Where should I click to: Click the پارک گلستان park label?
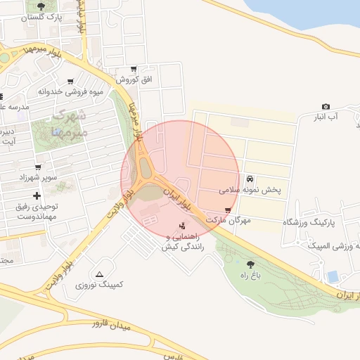(x=39, y=17)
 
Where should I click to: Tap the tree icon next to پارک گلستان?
(x=39, y=6)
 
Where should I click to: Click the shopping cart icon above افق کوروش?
(x=133, y=70)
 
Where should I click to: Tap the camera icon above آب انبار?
(x=326, y=106)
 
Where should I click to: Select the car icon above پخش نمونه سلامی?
(x=251, y=179)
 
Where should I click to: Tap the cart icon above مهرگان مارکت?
(x=227, y=210)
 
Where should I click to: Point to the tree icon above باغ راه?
(x=250, y=264)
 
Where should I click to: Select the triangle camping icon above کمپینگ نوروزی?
(x=99, y=274)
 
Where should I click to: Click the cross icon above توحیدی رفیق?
(x=37, y=194)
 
